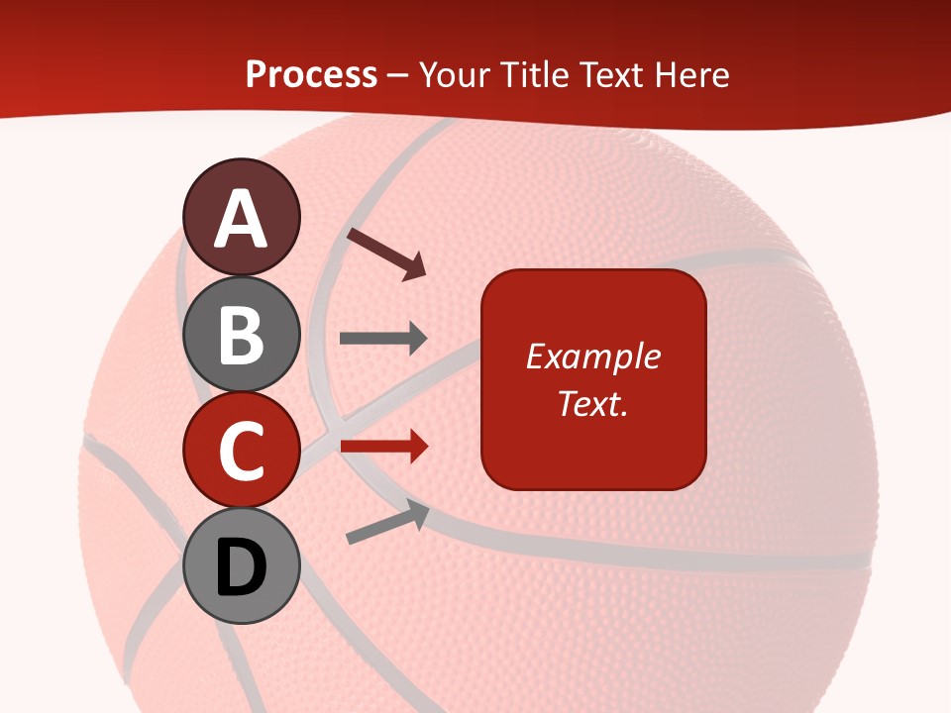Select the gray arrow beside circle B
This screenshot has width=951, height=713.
pyautogui.click(x=383, y=339)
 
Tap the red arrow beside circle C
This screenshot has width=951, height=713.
pyautogui.click(x=383, y=447)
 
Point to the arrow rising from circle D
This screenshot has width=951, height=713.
pyautogui.click(x=387, y=523)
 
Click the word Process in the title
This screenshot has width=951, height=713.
pyautogui.click(x=311, y=75)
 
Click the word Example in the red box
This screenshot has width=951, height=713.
pyautogui.click(x=592, y=356)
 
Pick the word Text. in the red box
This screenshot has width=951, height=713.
pyautogui.click(x=592, y=404)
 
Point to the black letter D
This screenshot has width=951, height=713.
pyautogui.click(x=242, y=567)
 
